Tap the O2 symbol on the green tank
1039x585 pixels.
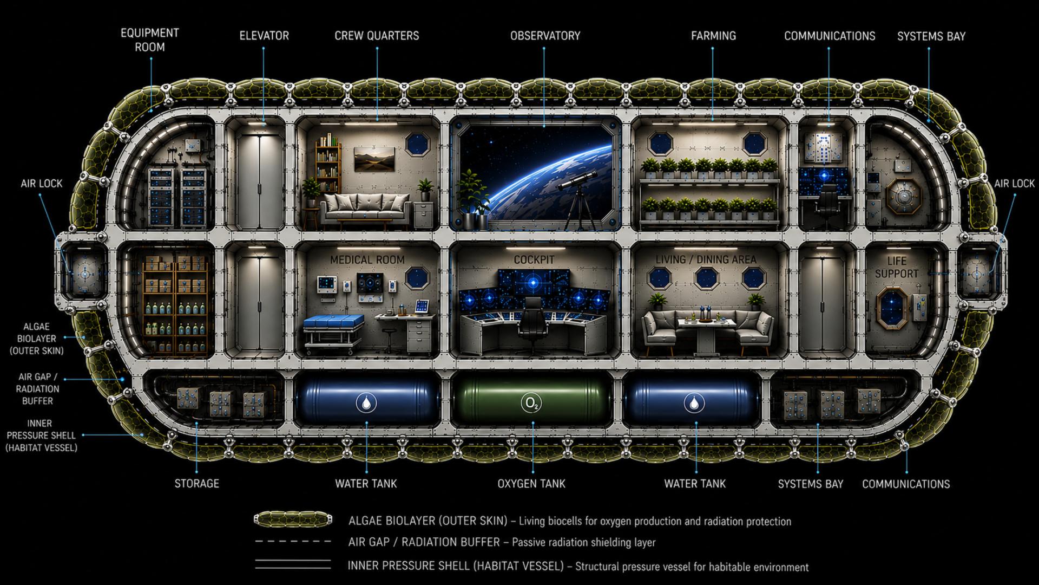532,403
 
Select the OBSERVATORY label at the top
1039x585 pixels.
545,36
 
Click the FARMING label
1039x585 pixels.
713,36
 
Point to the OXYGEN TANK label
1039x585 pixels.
531,484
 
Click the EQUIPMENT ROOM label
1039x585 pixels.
149,40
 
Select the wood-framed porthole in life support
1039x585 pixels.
892,308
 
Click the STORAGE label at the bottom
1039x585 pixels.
196,484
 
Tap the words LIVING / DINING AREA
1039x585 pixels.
706,260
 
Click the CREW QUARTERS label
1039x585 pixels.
377,36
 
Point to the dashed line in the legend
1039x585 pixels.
293,542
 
